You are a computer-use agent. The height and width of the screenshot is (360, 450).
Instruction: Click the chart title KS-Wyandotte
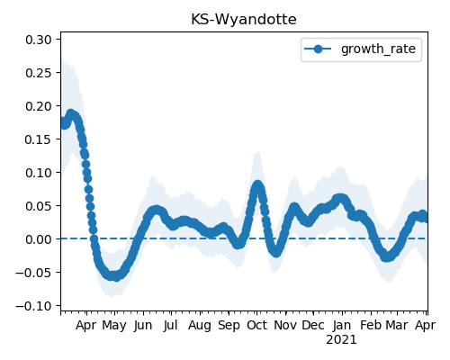(244, 20)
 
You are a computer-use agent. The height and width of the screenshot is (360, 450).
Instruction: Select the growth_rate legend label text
(378, 49)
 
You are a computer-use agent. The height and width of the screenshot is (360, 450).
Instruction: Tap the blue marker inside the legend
(318, 49)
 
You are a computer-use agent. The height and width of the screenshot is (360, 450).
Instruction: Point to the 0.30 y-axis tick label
(39, 40)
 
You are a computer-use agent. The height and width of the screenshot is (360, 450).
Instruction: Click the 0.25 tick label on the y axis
(39, 73)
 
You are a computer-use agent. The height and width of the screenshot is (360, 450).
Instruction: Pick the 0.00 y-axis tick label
(39, 239)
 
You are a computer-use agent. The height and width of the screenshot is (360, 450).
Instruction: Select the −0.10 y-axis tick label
(33, 306)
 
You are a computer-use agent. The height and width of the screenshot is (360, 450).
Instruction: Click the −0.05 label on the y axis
(33, 273)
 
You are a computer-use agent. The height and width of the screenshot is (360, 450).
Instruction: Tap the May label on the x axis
(114, 326)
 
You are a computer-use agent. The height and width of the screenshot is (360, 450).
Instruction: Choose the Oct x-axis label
(256, 325)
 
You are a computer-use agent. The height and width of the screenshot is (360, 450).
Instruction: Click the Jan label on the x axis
(342, 325)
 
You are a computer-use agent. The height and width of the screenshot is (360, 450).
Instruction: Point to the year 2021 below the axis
(342, 340)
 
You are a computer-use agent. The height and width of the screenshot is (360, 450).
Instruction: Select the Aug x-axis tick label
(200, 326)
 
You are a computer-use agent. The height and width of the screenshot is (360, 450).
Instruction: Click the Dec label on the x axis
(313, 325)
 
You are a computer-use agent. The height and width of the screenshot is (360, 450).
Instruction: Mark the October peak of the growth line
(257, 184)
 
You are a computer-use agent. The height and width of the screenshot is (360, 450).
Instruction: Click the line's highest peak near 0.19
(70, 113)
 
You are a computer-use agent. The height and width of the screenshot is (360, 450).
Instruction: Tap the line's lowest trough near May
(116, 277)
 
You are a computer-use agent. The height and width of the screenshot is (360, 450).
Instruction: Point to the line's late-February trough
(387, 257)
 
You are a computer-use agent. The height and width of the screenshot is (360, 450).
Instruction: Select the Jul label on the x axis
(171, 325)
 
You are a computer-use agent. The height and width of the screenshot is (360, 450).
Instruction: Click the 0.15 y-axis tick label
(39, 139)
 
